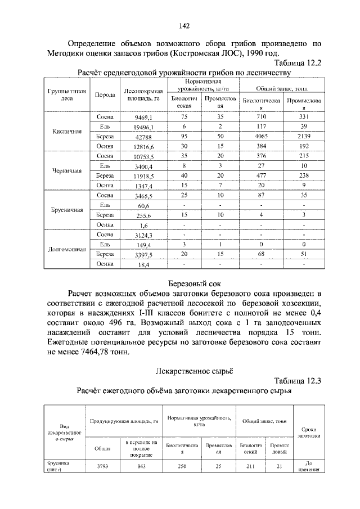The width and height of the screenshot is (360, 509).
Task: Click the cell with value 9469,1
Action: pyautogui.click(x=143, y=118)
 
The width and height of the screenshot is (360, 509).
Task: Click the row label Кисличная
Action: pyautogui.click(x=67, y=132)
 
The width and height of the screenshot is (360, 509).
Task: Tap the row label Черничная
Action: pyautogui.click(x=67, y=171)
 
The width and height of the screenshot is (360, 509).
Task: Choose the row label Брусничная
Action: pyautogui.click(x=67, y=210)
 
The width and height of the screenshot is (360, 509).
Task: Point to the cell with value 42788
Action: pyautogui.click(x=143, y=137)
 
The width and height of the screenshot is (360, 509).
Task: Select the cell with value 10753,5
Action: pyautogui.click(x=143, y=157)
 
